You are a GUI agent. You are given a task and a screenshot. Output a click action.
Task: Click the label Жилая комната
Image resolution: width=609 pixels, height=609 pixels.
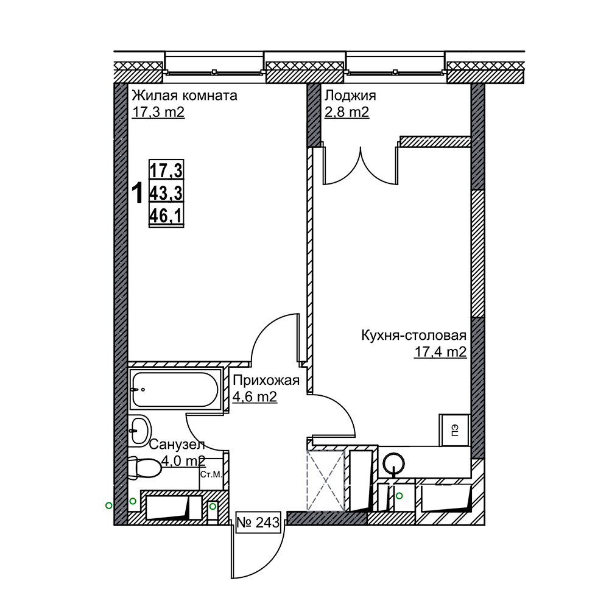point(185,95)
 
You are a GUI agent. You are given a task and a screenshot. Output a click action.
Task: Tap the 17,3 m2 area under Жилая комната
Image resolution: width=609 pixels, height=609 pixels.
point(158,112)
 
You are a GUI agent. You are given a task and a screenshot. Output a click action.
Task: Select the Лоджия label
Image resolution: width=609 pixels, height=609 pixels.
point(350,95)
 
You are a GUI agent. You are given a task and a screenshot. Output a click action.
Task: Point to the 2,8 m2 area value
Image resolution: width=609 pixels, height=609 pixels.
point(347,112)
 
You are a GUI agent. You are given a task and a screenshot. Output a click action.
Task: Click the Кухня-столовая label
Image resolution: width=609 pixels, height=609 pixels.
point(414,335)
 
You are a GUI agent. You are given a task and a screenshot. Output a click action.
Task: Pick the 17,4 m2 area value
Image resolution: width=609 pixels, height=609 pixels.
point(440,352)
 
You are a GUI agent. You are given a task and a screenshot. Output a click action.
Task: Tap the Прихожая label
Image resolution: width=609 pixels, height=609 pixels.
point(266,380)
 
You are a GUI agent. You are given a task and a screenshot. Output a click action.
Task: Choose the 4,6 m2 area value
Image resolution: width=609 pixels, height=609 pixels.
point(255,397)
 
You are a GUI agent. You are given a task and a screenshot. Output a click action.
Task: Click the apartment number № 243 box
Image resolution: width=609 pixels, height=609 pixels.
point(258,523)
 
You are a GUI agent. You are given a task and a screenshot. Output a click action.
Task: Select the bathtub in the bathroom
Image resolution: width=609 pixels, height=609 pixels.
point(175,389)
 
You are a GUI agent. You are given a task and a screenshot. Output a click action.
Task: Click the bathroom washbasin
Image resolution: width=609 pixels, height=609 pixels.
point(139,429)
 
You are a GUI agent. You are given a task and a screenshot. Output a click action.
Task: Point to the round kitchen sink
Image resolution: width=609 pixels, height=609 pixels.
point(394,463)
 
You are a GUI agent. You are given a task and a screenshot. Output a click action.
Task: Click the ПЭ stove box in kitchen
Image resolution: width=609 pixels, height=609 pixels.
point(455,430)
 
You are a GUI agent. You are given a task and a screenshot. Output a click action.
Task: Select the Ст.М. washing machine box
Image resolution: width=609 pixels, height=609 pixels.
point(211,474)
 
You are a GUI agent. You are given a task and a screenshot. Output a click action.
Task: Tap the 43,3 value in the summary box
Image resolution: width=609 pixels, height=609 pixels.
point(166,192)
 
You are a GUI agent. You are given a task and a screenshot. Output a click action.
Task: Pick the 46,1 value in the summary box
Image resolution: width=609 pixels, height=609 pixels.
point(166,216)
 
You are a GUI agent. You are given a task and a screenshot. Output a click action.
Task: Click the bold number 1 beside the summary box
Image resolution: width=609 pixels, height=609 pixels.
point(138,194)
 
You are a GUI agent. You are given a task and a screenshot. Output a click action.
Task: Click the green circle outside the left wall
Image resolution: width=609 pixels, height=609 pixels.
point(109,505)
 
